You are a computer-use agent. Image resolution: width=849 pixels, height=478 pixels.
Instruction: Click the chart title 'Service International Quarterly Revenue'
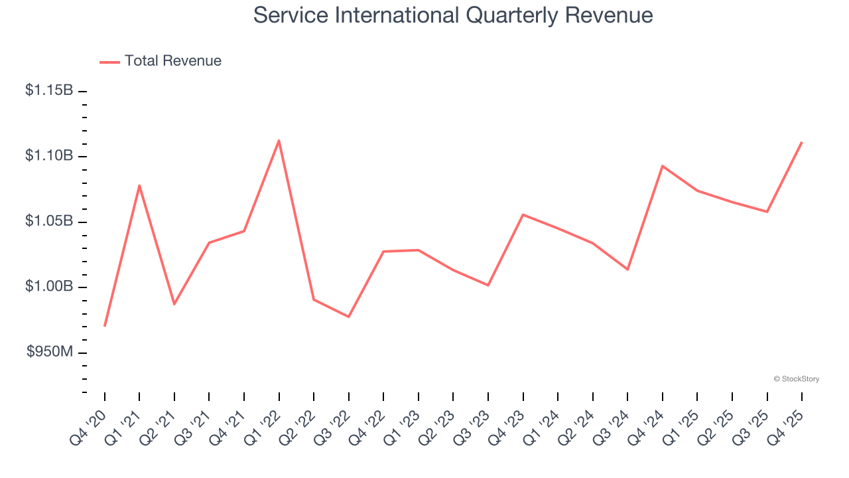point(453,15)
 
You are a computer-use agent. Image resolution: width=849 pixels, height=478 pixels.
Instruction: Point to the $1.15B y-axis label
point(49,90)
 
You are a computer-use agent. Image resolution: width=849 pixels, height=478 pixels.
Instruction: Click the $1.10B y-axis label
point(49,155)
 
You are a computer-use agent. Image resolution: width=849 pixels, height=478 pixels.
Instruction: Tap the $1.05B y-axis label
point(49,221)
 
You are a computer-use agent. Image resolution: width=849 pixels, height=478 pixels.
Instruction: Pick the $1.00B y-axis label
point(49,286)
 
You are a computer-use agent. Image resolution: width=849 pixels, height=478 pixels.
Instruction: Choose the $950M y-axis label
point(50,352)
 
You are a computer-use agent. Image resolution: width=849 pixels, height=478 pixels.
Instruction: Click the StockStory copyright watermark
point(796,379)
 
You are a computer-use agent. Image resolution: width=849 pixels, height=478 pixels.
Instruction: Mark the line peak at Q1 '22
point(279,140)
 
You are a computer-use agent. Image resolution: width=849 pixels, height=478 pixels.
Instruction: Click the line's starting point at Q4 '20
point(105,326)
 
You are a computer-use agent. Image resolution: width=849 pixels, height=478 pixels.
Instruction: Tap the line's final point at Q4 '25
point(802,142)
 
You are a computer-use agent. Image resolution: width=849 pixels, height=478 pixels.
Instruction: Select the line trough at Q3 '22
point(349,317)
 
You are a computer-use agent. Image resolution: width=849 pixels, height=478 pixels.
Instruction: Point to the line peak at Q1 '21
point(139,185)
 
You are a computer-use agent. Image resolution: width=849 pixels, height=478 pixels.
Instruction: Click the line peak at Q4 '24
point(663,166)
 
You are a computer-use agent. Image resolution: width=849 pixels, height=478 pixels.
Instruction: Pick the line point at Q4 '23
point(523,214)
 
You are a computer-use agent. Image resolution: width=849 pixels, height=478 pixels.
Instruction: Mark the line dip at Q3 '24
point(627,269)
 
